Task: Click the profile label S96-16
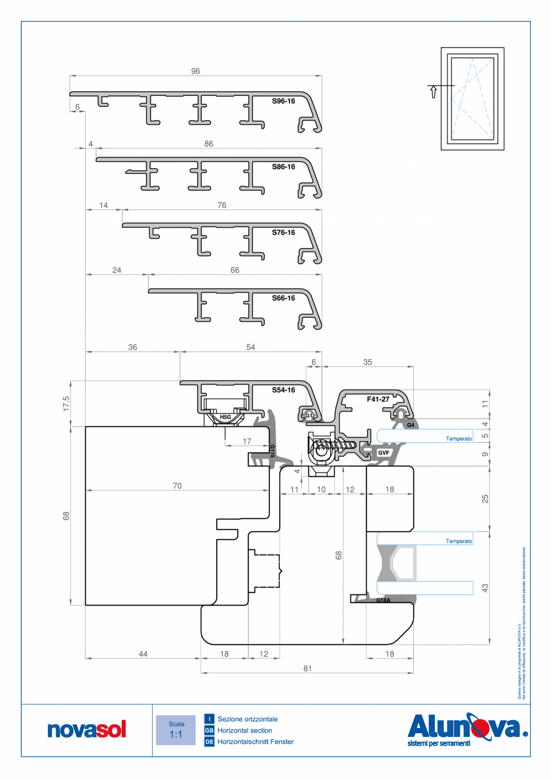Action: click(283, 101)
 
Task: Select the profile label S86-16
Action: click(283, 167)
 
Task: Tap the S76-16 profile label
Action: click(283, 233)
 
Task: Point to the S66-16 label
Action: click(283, 298)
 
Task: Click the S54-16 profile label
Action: click(283, 390)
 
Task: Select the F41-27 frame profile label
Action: click(378, 398)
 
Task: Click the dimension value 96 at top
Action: click(195, 71)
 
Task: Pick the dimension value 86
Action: click(208, 144)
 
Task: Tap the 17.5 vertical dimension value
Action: click(67, 403)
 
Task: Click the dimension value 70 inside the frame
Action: click(177, 486)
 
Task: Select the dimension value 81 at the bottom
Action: click(308, 668)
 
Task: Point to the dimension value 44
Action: click(143, 654)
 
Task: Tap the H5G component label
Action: click(225, 417)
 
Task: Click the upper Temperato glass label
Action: click(459, 439)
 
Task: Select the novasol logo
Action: click(87, 730)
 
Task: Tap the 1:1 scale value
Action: click(175, 734)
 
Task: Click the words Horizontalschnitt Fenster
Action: click(256, 742)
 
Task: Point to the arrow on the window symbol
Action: click(432, 92)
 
